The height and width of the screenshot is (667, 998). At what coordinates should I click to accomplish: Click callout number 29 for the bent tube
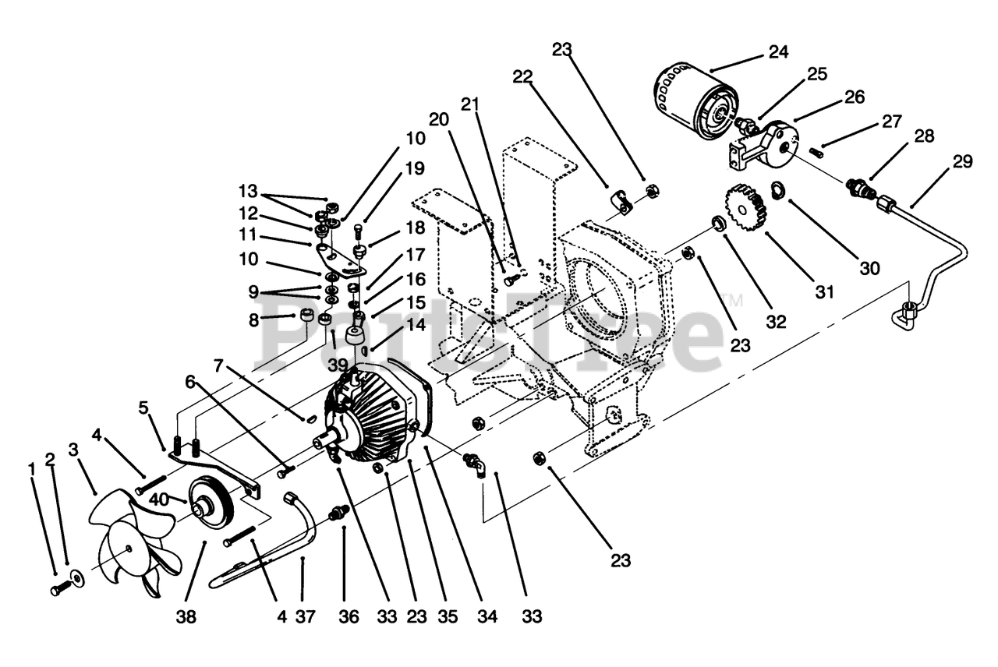tap(963, 161)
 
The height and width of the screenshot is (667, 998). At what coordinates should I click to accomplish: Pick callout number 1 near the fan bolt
tap(32, 469)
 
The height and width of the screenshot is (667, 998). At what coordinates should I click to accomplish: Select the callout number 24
tap(777, 52)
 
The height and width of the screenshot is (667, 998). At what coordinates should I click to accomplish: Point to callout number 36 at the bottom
tap(349, 617)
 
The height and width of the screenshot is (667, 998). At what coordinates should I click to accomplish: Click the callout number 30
tap(869, 268)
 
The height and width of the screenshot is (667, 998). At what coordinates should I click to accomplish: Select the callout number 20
tap(439, 118)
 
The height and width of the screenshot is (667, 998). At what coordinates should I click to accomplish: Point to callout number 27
tap(891, 121)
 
